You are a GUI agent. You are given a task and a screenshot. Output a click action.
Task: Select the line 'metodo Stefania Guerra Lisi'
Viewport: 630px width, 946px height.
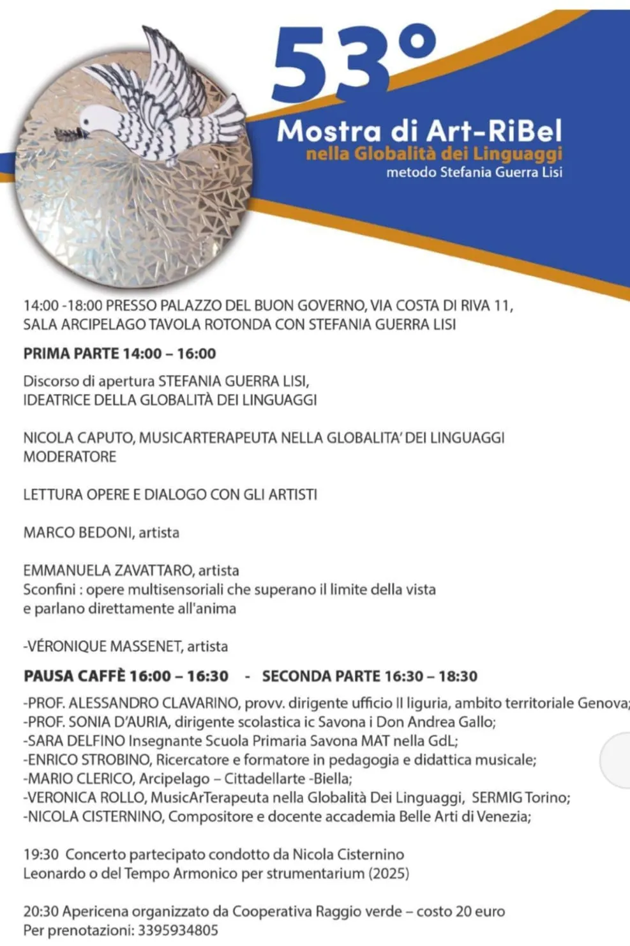[474, 172]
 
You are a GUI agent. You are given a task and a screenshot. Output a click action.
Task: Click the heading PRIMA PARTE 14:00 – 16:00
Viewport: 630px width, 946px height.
[119, 353]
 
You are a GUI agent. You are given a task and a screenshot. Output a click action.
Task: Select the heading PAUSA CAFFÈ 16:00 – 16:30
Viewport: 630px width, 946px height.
[126, 676]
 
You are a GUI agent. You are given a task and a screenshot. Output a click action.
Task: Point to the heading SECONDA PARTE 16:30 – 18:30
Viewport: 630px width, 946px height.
[370, 676]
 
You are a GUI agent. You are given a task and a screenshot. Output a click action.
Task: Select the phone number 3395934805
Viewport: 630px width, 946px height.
[178, 930]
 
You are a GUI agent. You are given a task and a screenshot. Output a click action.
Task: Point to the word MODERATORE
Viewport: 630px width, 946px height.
[70, 457]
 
